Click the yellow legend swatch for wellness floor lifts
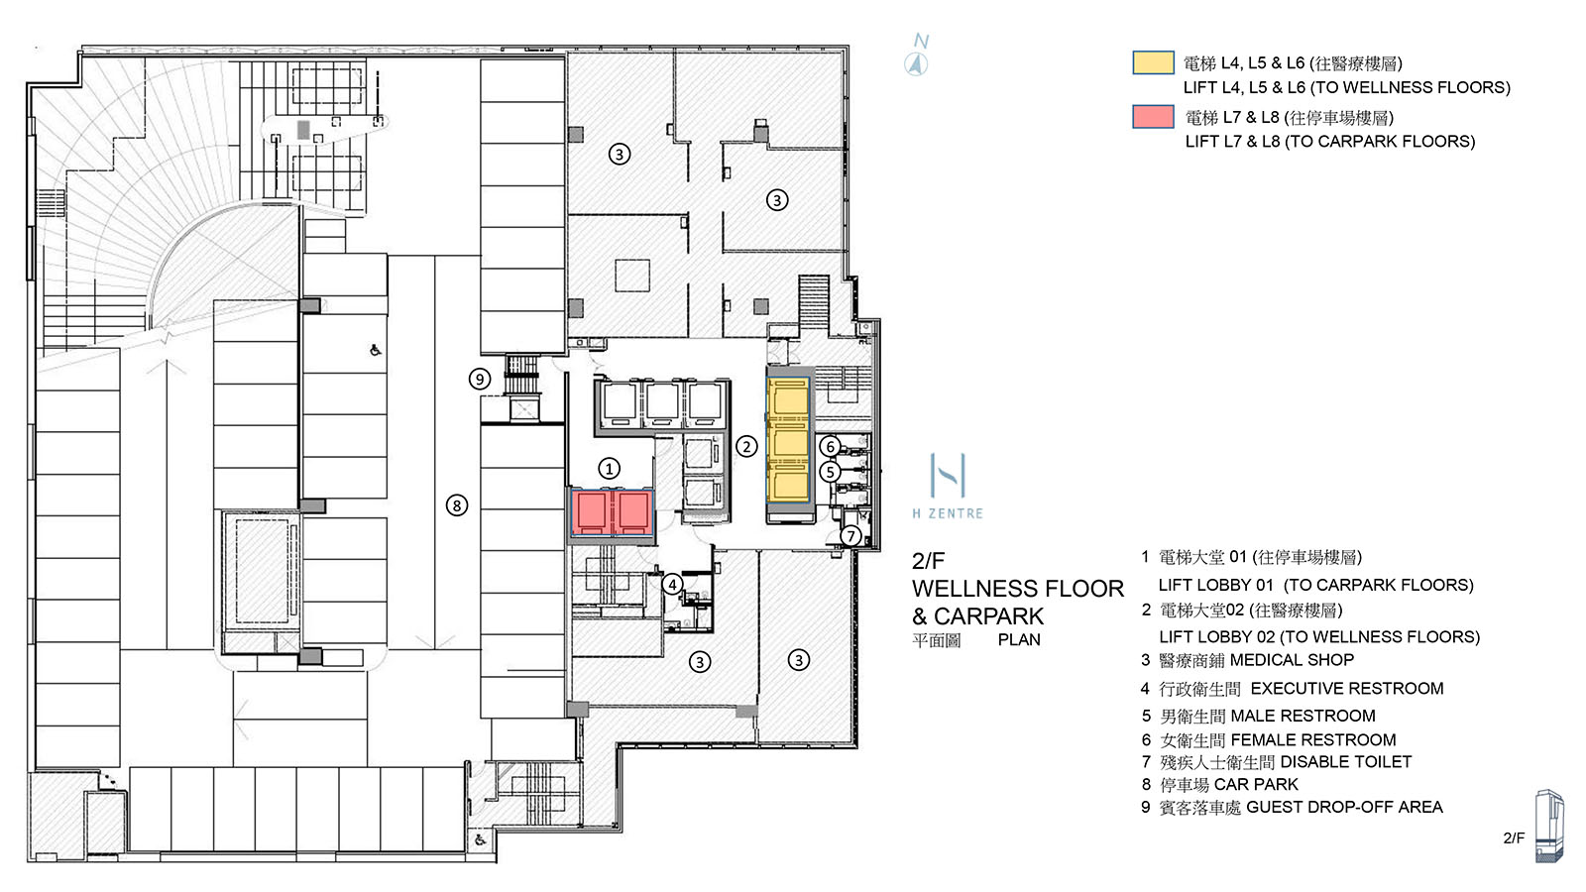(x=1153, y=63)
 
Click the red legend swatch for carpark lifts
(x=1153, y=117)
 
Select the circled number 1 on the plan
(x=610, y=468)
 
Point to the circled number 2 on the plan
(x=746, y=446)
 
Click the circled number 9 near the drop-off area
(x=480, y=379)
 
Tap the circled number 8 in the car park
(x=456, y=505)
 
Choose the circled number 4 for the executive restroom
(x=672, y=584)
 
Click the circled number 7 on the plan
(x=850, y=536)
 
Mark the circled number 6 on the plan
(x=831, y=446)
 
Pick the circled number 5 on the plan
(x=831, y=472)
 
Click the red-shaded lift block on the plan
(x=612, y=513)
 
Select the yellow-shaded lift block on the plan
(x=789, y=441)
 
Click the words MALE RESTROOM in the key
(x=1303, y=716)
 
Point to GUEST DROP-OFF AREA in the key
(x=1344, y=807)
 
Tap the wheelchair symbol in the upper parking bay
(x=376, y=349)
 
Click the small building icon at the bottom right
(x=1548, y=825)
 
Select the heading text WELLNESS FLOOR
(x=1017, y=589)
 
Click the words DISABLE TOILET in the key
(x=1345, y=761)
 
